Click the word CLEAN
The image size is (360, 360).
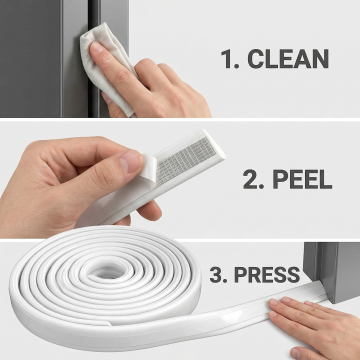click(x=288, y=59)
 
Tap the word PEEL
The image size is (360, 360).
click(x=302, y=180)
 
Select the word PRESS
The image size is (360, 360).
click(x=267, y=275)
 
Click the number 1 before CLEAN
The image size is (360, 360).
click(x=227, y=59)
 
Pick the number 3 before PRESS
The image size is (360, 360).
click(x=217, y=275)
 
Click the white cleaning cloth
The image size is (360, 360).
click(x=106, y=67)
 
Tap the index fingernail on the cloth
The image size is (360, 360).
click(x=97, y=48)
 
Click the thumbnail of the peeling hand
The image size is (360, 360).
click(x=130, y=161)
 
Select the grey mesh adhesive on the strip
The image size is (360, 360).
click(x=186, y=161)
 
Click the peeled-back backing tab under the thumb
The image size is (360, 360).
click(x=147, y=168)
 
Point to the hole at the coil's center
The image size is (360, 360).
click(x=106, y=272)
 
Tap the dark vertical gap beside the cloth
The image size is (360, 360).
click(x=94, y=57)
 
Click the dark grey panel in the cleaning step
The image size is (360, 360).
click(x=31, y=58)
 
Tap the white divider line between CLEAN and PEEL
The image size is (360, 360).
click(x=180, y=119)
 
